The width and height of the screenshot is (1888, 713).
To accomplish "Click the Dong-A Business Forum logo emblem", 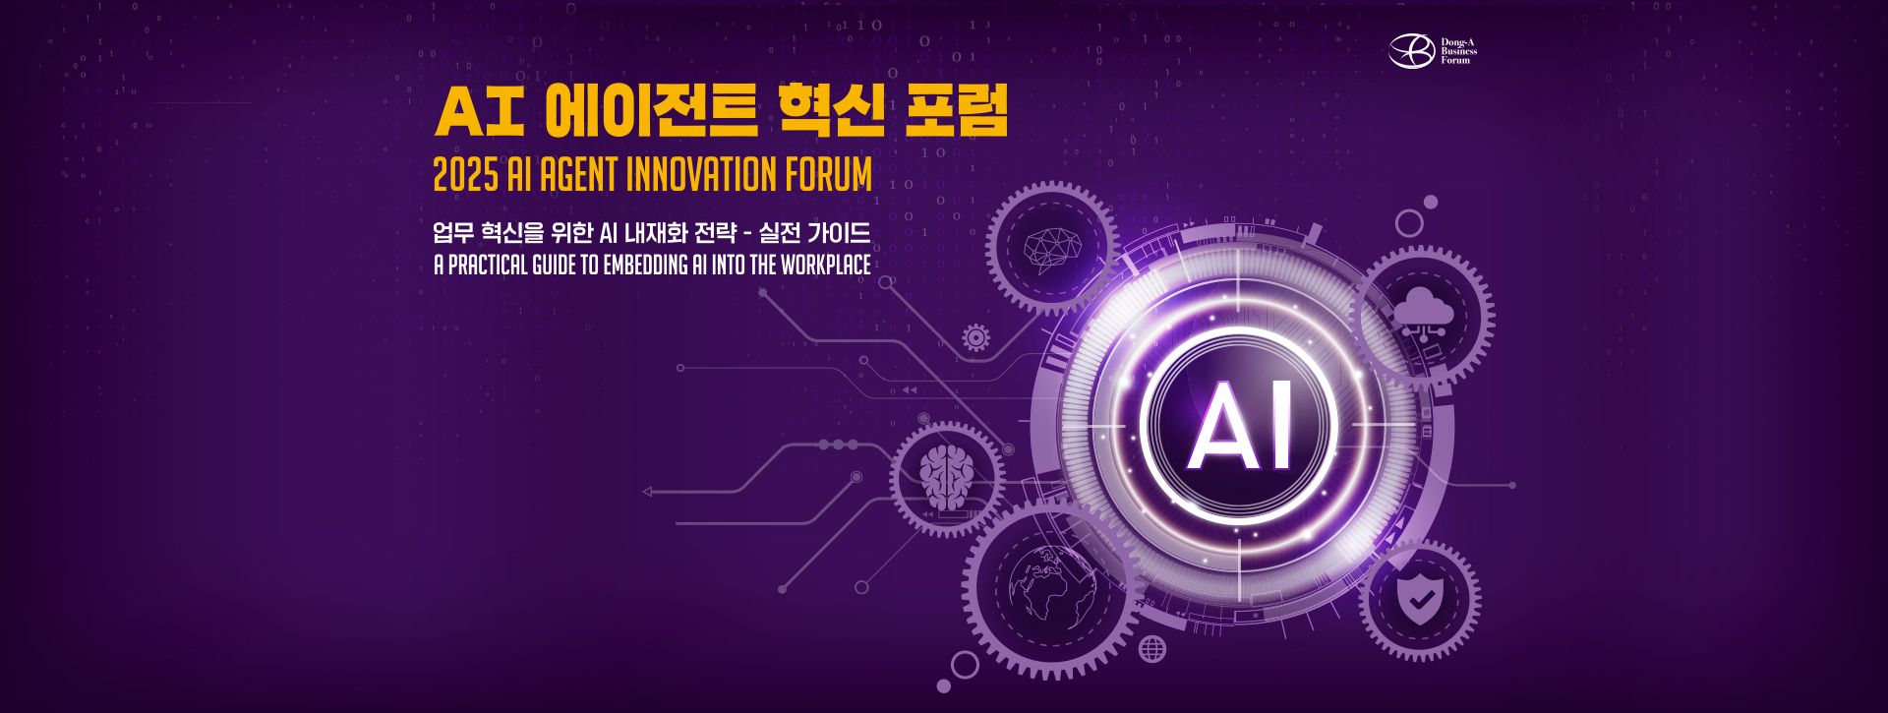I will point(1411,51).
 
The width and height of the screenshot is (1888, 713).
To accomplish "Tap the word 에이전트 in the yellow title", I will point(651,110).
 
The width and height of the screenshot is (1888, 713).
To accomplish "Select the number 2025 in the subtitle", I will point(466,175).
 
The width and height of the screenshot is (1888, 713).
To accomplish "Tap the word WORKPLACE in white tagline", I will point(825,266).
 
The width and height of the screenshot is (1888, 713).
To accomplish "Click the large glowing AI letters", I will point(1239,427).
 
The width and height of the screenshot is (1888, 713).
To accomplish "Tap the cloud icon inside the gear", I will point(1423,313).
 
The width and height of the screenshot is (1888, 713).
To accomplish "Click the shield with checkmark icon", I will point(1420,599).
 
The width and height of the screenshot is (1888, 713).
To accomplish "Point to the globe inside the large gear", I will point(1051,588).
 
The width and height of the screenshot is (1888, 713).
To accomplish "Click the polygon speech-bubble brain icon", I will point(1051,248).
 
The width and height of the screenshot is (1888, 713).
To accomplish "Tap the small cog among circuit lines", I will point(975,337).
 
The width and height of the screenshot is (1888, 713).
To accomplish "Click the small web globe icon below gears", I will point(1152,649).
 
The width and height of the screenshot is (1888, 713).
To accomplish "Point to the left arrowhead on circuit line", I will point(647,491).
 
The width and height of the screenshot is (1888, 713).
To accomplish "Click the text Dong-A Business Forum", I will point(1458,51).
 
